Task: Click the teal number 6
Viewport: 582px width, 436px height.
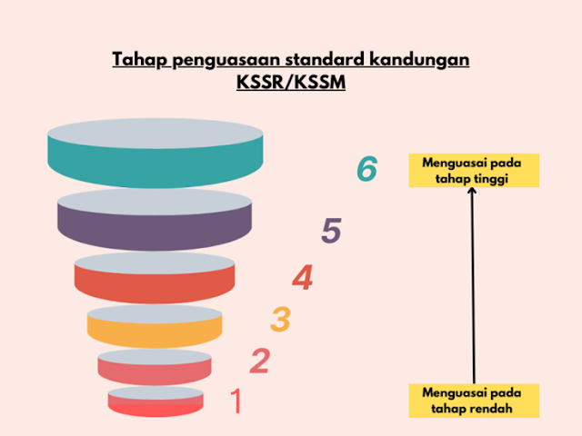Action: click(x=366, y=169)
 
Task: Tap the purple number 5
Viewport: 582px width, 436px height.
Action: click(x=331, y=233)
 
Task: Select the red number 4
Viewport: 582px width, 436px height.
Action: click(x=303, y=278)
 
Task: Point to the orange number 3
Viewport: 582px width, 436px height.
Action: click(x=281, y=319)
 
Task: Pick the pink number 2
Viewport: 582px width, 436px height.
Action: click(x=260, y=362)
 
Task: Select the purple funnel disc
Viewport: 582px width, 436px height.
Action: click(x=153, y=220)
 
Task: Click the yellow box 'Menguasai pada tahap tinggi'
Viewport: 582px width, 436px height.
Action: click(x=474, y=170)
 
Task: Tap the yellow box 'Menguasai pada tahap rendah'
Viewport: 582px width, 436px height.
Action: click(x=474, y=401)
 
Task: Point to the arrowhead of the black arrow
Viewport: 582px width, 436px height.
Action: click(x=473, y=193)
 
